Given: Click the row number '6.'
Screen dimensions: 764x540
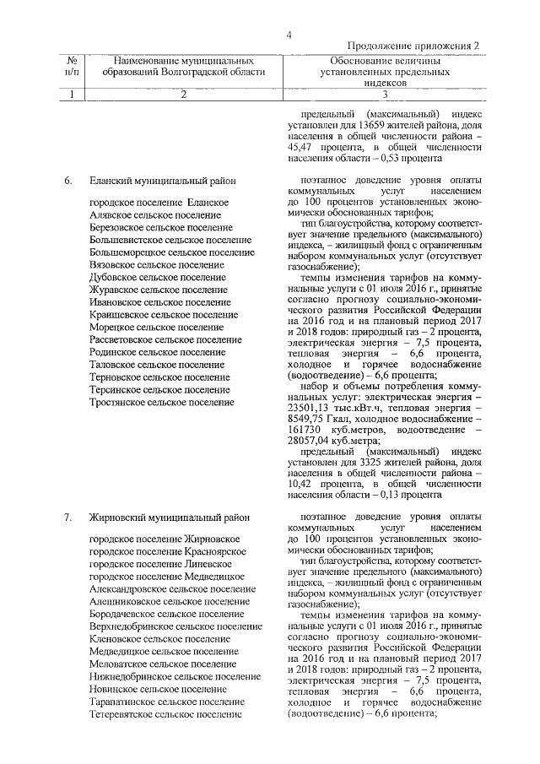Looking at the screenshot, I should pyautogui.click(x=68, y=180).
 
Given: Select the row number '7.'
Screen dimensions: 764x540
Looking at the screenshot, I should pyautogui.click(x=68, y=516).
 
